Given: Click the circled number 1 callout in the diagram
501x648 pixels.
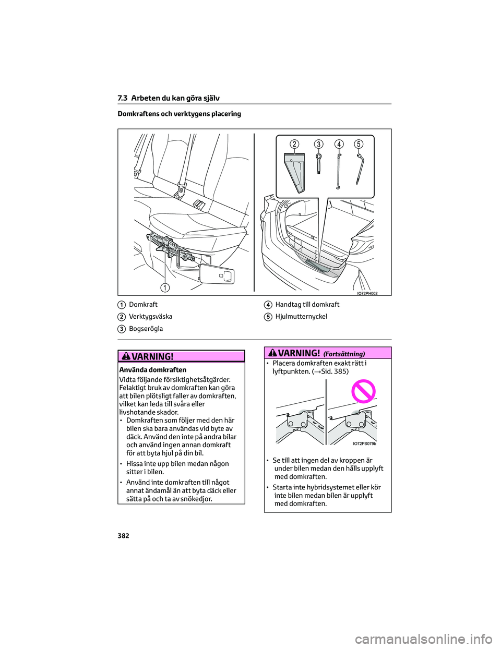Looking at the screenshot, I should click(x=165, y=287).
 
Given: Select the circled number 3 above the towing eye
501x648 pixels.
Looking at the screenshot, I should click(x=318, y=144).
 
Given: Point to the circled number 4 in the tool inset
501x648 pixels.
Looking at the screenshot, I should click(x=339, y=144).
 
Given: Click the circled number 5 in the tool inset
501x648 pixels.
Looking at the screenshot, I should click(x=359, y=144).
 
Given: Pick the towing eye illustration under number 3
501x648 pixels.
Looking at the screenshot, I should click(x=319, y=163).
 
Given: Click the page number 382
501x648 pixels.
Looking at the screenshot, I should click(x=123, y=536).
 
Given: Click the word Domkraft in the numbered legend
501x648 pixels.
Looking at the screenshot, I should click(x=143, y=305).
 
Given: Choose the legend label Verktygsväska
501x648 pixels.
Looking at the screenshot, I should click(x=150, y=317).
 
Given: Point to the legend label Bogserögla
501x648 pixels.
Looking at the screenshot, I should click(x=146, y=329).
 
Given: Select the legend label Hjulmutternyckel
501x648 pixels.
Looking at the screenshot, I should click(x=301, y=317).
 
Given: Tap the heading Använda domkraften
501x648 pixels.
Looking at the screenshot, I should click(x=152, y=370).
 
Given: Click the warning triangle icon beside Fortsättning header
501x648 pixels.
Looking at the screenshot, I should click(x=273, y=353).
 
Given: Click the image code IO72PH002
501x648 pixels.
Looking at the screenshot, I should click(x=367, y=293).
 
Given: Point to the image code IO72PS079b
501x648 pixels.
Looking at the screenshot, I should click(x=364, y=443).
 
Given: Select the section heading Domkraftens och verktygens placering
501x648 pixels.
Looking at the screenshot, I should click(x=179, y=114).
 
